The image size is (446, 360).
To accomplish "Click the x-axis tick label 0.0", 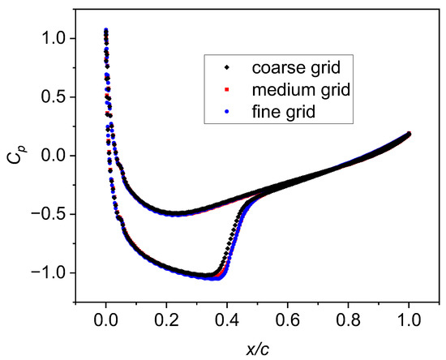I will point(105,320).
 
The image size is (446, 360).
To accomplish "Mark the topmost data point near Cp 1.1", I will point(105,30).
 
